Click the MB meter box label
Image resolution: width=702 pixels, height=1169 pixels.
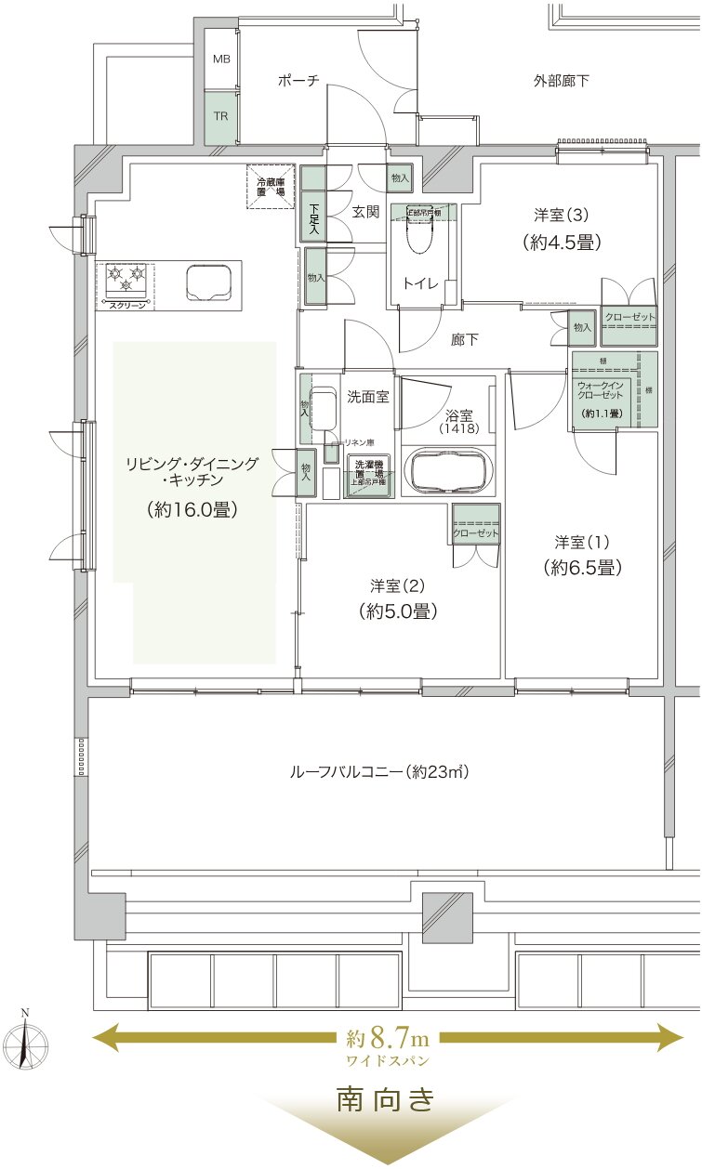(221, 59)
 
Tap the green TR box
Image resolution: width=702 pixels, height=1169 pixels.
(221, 117)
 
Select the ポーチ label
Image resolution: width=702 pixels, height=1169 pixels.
(298, 82)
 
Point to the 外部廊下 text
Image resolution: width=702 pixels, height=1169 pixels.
(562, 82)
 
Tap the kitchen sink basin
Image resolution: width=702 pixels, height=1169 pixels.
(209, 282)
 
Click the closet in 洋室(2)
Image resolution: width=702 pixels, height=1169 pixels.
(475, 525)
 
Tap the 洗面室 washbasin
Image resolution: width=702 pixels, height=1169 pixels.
(322, 409)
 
